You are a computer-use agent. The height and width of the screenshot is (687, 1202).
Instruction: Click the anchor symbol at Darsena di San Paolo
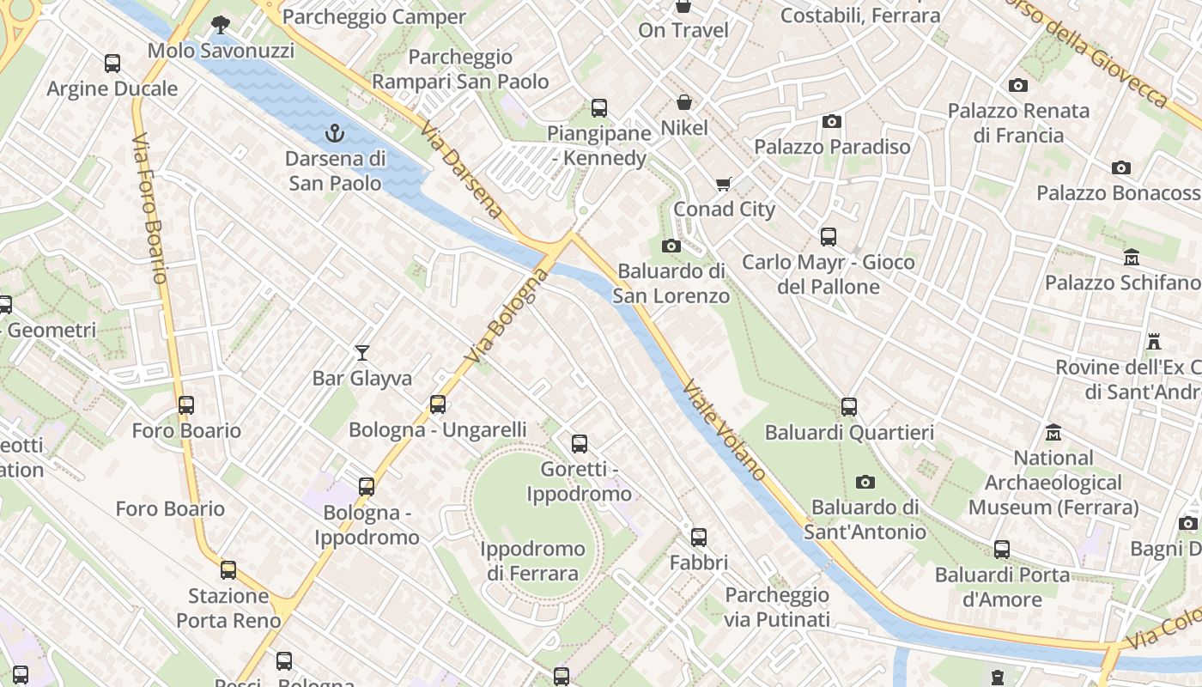coord(335,133)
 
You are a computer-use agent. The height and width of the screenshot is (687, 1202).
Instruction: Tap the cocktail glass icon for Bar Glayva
coord(362,353)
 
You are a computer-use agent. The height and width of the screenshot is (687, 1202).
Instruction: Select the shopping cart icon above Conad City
coord(724,184)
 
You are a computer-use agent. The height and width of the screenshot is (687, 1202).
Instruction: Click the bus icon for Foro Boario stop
coord(186,405)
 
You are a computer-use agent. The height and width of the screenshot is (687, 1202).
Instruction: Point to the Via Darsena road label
coord(461,170)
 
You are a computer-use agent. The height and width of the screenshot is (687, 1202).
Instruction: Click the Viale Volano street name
coord(725,429)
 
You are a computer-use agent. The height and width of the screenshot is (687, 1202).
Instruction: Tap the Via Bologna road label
coord(506,315)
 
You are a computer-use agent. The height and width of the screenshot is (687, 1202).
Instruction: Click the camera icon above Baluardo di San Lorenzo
coord(671,246)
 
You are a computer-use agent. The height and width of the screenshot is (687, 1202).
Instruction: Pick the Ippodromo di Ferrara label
coord(532,561)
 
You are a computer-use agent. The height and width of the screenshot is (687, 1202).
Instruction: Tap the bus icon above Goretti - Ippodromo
coord(580,444)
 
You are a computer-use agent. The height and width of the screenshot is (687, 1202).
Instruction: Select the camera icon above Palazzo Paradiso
coord(831,121)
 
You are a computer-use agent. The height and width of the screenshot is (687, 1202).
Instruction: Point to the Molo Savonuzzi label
coord(221,51)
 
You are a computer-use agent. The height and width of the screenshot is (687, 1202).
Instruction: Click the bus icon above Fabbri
coord(699,538)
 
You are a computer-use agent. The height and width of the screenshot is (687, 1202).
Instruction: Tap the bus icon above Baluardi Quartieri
coord(849,407)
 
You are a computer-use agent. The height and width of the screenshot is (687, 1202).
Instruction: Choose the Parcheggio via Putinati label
coord(777,607)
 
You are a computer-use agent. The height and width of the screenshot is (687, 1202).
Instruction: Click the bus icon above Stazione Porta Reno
coord(228,570)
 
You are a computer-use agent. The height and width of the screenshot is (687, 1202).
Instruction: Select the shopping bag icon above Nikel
coord(683,103)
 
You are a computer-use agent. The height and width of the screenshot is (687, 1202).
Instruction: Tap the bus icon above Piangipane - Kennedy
coord(599,108)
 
